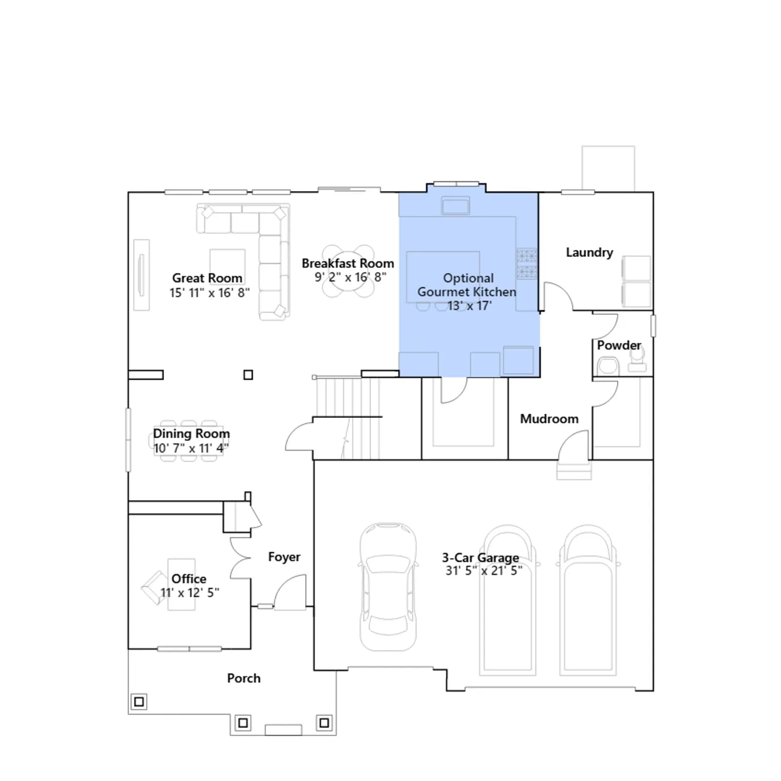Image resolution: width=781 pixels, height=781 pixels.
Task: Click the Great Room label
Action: tap(207, 278)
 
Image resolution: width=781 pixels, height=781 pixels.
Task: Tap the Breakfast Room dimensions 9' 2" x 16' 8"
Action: tap(350, 277)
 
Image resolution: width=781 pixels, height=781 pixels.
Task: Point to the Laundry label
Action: tap(589, 252)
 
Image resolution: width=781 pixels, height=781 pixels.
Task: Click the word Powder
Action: tap(619, 345)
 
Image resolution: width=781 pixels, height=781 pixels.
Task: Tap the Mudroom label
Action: tap(549, 419)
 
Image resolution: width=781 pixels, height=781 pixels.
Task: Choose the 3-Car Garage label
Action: tap(480, 557)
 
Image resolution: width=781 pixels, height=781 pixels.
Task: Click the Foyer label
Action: tap(284, 557)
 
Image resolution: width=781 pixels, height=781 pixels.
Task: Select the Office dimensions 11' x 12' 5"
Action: tap(190, 593)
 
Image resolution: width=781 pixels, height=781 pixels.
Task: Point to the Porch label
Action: tap(244, 678)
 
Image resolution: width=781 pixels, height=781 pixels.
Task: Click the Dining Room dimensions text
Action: tap(191, 448)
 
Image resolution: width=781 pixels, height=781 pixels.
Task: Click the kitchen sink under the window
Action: tap(455, 206)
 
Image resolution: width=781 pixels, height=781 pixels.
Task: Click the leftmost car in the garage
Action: tap(388, 587)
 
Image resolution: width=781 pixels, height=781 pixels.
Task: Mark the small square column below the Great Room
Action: tap(248, 375)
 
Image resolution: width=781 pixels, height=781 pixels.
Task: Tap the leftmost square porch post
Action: tap(139, 702)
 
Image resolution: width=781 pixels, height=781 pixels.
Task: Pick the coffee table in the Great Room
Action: tap(227, 267)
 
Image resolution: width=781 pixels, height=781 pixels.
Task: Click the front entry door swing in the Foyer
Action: tap(290, 591)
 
